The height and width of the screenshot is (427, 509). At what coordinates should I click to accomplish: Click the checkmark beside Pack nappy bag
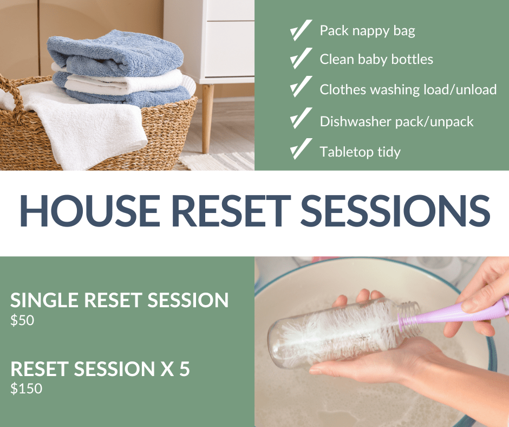pos(301,30)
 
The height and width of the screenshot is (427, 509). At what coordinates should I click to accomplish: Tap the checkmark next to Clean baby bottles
pos(301,59)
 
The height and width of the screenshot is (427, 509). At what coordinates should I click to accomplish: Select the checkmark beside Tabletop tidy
pos(301,149)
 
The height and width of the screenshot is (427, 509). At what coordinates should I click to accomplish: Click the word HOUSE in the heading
pos(90,211)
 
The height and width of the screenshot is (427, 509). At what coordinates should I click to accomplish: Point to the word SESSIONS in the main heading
pos(395,211)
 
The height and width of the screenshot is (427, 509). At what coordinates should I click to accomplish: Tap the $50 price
pos(22,320)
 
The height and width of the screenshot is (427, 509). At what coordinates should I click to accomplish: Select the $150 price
pos(27,389)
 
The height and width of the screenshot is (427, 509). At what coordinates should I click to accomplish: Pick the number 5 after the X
pos(185,368)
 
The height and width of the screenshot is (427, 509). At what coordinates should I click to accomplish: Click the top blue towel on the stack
pos(115,54)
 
